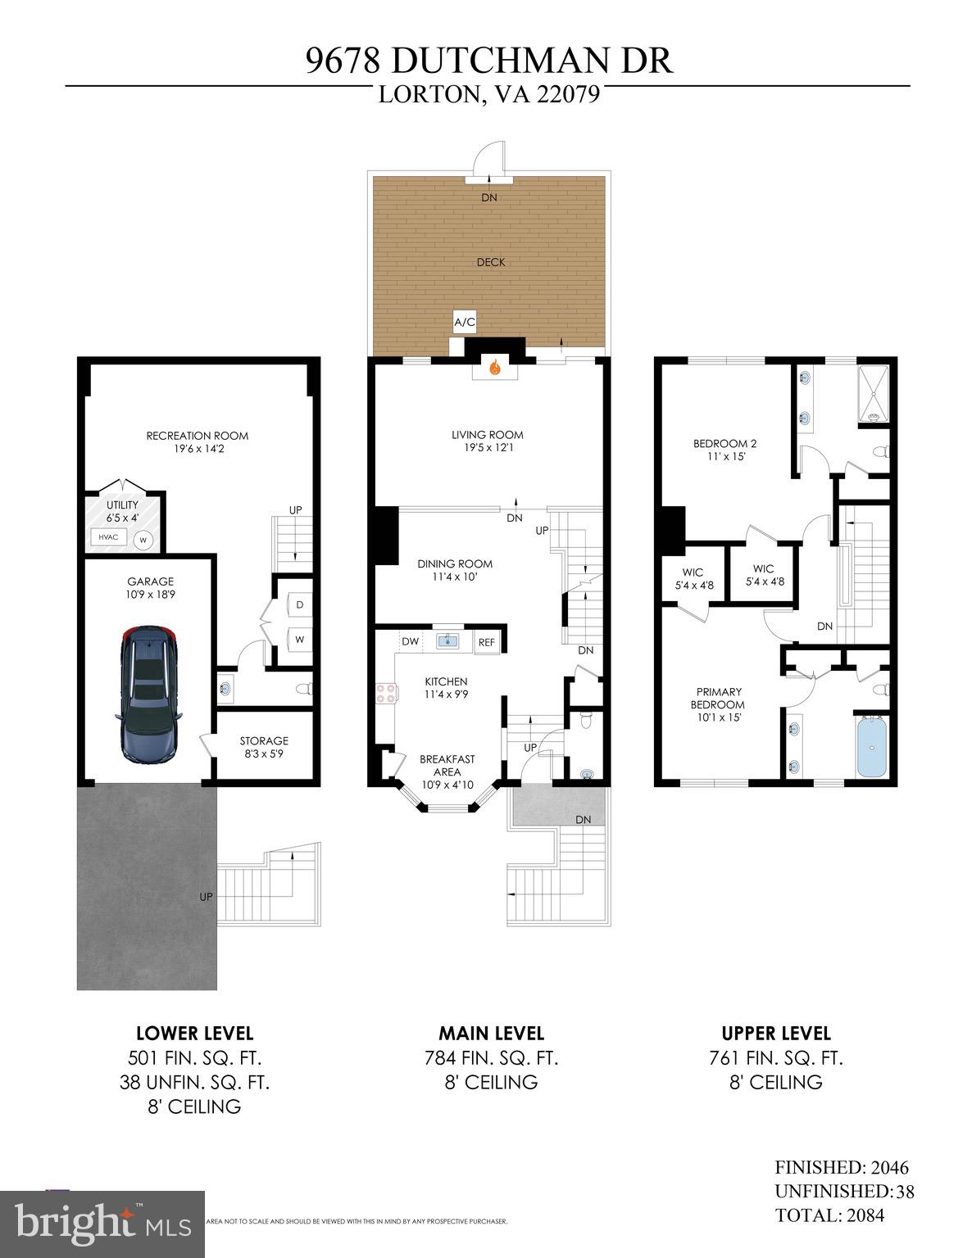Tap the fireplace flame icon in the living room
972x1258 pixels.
494,369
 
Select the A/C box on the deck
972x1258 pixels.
465,323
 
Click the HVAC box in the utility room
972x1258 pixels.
108,536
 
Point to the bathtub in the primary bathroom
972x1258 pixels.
872,748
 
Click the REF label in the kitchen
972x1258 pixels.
487,642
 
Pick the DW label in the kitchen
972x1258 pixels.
411,641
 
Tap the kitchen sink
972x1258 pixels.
447,641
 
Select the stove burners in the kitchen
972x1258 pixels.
386,694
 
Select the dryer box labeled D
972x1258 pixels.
300,604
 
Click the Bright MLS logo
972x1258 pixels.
102,1224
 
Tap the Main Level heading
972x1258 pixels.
491,1033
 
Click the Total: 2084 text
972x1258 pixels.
829,1215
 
